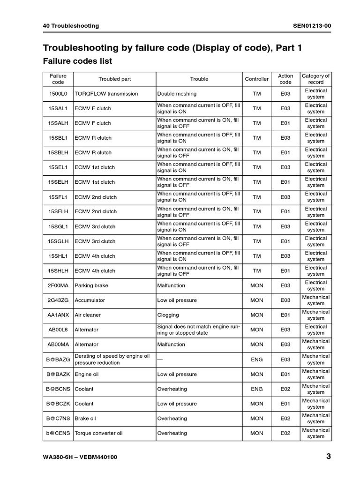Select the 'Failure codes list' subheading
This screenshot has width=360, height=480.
[77, 61]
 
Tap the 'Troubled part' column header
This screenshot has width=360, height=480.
[114, 79]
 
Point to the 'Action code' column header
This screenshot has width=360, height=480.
[285, 79]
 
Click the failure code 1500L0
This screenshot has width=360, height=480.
[59, 94]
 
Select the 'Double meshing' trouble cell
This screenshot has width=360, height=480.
[177, 94]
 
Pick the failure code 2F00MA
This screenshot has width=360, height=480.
[59, 285]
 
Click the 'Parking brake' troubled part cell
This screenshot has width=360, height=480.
[90, 285]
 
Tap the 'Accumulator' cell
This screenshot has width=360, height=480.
[90, 300]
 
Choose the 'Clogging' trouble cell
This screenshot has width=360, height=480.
[168, 315]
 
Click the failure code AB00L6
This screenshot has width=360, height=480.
[59, 330]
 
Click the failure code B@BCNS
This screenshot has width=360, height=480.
[59, 389]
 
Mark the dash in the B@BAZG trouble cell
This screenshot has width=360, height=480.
[160, 360]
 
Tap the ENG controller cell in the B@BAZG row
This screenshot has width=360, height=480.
[257, 360]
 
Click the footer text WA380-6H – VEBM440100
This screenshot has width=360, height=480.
[80, 457]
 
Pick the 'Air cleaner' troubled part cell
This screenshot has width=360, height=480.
[88, 315]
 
